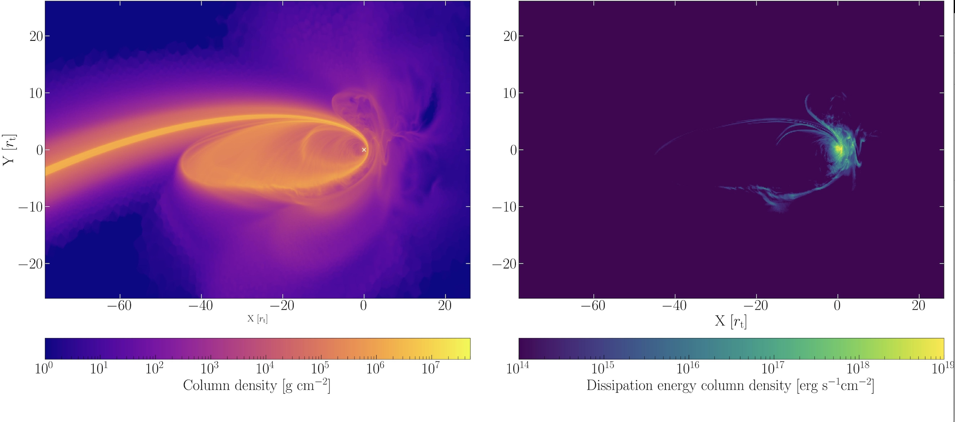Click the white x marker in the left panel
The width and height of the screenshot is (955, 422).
click(364, 150)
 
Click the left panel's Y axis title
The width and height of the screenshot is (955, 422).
click(9, 150)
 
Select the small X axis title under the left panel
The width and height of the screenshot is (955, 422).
click(257, 319)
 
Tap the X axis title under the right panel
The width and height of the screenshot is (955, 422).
click(730, 321)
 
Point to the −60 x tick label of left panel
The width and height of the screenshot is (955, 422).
click(119, 306)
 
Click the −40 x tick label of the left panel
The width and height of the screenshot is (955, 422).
click(201, 306)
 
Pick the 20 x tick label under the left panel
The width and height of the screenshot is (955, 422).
click(445, 306)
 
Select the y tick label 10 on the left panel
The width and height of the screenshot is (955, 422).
click(36, 93)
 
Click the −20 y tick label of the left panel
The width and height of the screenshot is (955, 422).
click(30, 264)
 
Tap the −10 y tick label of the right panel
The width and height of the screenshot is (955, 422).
click(504, 207)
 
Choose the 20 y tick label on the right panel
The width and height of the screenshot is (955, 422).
click(510, 36)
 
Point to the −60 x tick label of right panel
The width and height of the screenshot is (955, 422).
click(593, 306)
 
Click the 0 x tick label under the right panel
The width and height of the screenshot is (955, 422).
click(837, 306)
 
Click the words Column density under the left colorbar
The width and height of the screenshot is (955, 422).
click(230, 386)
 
